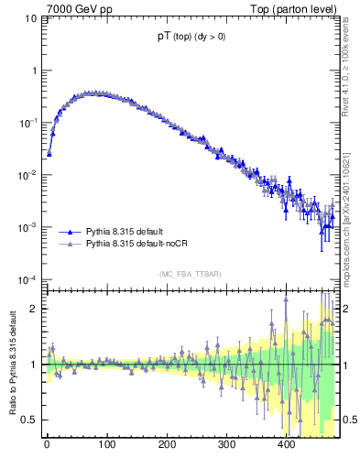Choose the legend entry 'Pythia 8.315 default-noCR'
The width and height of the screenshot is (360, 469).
141,245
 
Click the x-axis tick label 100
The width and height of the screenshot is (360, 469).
106,445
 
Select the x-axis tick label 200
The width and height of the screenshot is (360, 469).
166,445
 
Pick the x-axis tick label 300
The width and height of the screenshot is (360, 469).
225,445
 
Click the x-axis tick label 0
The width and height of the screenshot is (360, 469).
47,445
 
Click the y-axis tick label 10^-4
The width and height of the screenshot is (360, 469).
27,279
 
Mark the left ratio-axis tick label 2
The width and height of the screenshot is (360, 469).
33,309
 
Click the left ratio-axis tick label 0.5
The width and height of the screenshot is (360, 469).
28,420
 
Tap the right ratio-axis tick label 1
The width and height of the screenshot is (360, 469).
349,365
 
